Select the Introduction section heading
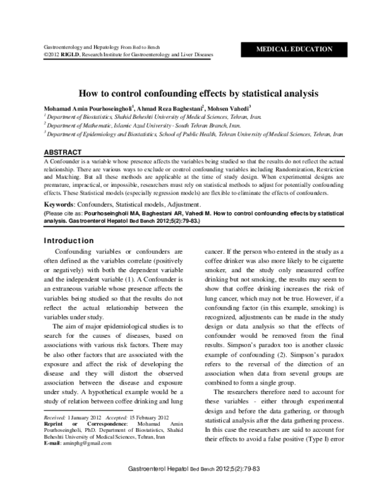(x=69, y=241)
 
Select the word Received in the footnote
(x=54, y=418)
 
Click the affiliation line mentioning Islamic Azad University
(x=141, y=126)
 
